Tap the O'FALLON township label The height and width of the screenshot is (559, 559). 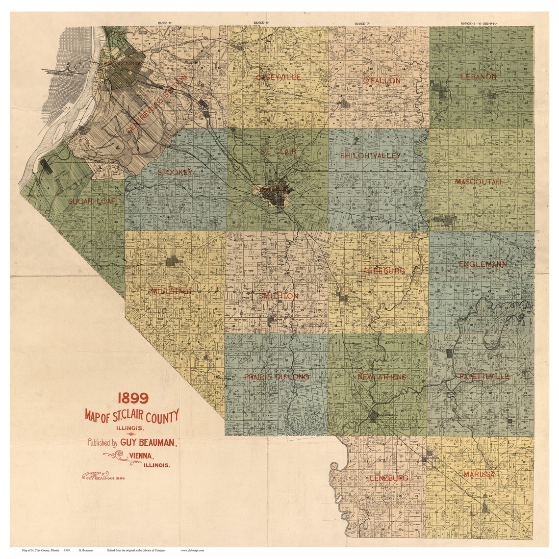click(381, 80)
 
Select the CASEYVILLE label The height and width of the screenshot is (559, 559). click(279, 77)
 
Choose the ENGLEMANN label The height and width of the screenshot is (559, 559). click(483, 264)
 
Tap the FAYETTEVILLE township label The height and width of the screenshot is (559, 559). click(484, 376)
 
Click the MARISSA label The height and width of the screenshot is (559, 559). click(479, 475)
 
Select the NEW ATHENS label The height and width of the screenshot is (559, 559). click(382, 377)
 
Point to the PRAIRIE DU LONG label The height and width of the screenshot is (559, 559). click(277, 377)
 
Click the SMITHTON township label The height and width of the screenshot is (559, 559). click(279, 296)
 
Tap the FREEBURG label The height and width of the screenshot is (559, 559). click(384, 271)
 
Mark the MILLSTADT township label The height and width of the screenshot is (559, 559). click(172, 291)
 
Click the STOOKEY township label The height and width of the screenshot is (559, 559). click(175, 172)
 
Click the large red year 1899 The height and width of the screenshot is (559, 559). click(132, 397)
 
